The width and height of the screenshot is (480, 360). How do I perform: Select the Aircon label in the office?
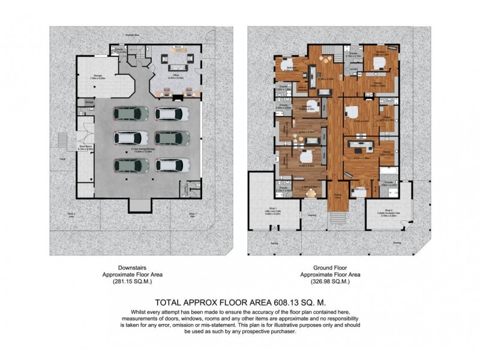pos(178,46)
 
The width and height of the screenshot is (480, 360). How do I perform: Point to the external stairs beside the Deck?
pos(61,142)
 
